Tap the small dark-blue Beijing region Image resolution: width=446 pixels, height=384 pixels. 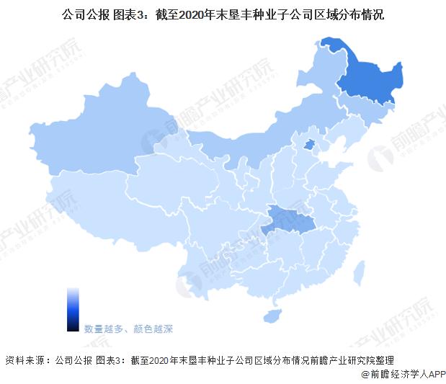308,146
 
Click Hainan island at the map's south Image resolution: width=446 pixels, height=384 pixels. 272,316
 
